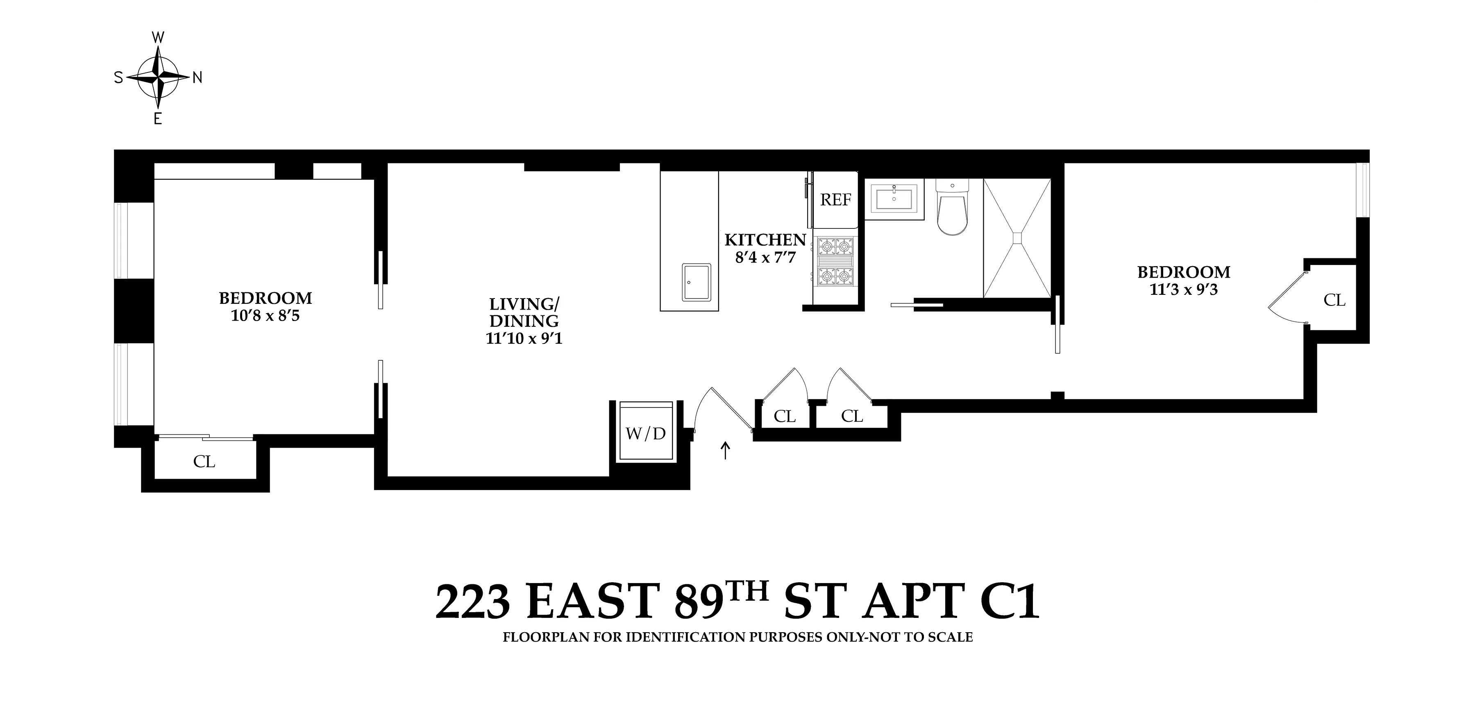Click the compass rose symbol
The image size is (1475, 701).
pos(158,77)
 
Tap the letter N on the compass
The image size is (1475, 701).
pos(197,78)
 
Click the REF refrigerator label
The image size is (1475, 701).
pos(835,200)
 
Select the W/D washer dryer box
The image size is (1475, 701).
pos(646,433)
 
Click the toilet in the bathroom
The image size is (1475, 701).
pos(952,209)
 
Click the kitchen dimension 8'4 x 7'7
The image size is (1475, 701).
pos(765,258)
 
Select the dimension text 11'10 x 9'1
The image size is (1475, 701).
pos(524,339)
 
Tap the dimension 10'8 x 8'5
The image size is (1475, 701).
pos(265,316)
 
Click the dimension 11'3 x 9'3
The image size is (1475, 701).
pos(1184,289)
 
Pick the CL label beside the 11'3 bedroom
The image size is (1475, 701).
pos(1334,300)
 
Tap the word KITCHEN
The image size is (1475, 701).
pos(765,240)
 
